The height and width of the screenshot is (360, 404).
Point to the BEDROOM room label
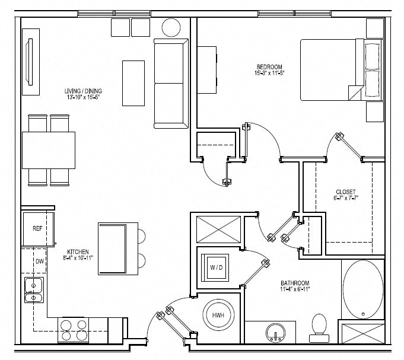[268, 67]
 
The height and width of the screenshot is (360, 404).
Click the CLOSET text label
[345, 192]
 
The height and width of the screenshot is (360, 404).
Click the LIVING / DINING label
[83, 91]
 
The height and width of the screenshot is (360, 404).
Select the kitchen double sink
[33, 290]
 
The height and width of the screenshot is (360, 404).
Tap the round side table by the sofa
[172, 27]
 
